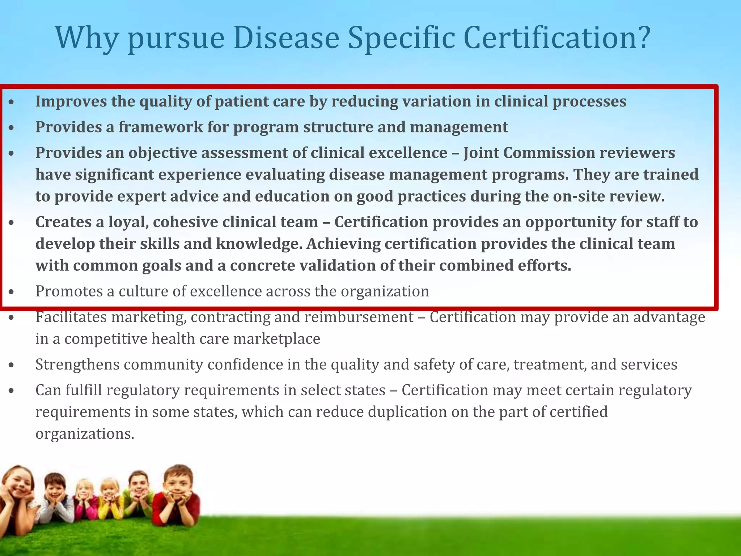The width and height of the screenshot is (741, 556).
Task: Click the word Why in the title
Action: click(86, 38)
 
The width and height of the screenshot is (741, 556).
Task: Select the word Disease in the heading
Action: click(286, 38)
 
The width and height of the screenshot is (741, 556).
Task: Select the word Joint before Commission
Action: click(481, 153)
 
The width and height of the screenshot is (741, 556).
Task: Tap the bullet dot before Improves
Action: click(12, 102)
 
